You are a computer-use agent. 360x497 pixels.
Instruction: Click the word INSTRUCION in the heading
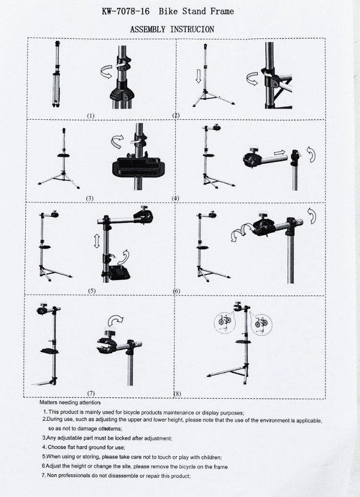click(192, 29)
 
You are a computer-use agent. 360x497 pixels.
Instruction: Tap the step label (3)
click(90, 197)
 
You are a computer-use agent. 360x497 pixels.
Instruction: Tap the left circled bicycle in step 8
click(223, 324)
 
